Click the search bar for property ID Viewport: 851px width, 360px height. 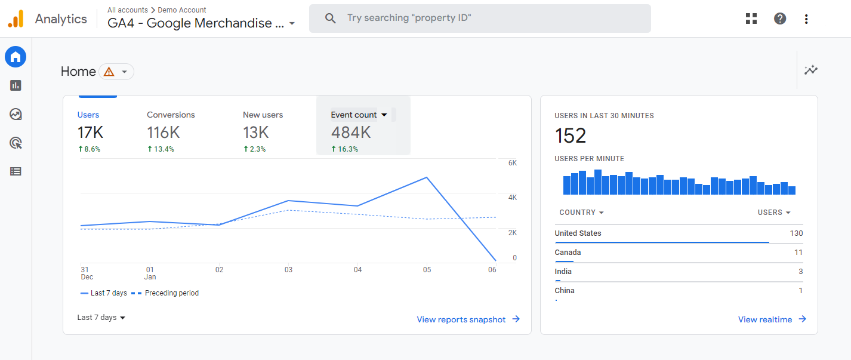click(479, 19)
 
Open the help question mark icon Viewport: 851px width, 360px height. click(779, 19)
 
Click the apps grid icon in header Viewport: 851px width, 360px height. click(751, 19)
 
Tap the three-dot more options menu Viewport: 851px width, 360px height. click(806, 19)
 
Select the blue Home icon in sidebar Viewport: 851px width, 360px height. click(16, 57)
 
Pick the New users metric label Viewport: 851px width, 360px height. click(263, 115)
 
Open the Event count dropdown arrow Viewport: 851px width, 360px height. click(384, 115)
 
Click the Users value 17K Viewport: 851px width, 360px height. click(91, 132)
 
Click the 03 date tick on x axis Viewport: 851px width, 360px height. click(288, 270)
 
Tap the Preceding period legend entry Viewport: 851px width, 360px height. click(171, 293)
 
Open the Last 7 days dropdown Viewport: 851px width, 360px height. click(101, 318)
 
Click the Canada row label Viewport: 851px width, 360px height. click(568, 253)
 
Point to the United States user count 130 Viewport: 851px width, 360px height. click(796, 233)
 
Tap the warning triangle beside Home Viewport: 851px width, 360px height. click(109, 72)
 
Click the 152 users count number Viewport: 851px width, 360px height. click(571, 136)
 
